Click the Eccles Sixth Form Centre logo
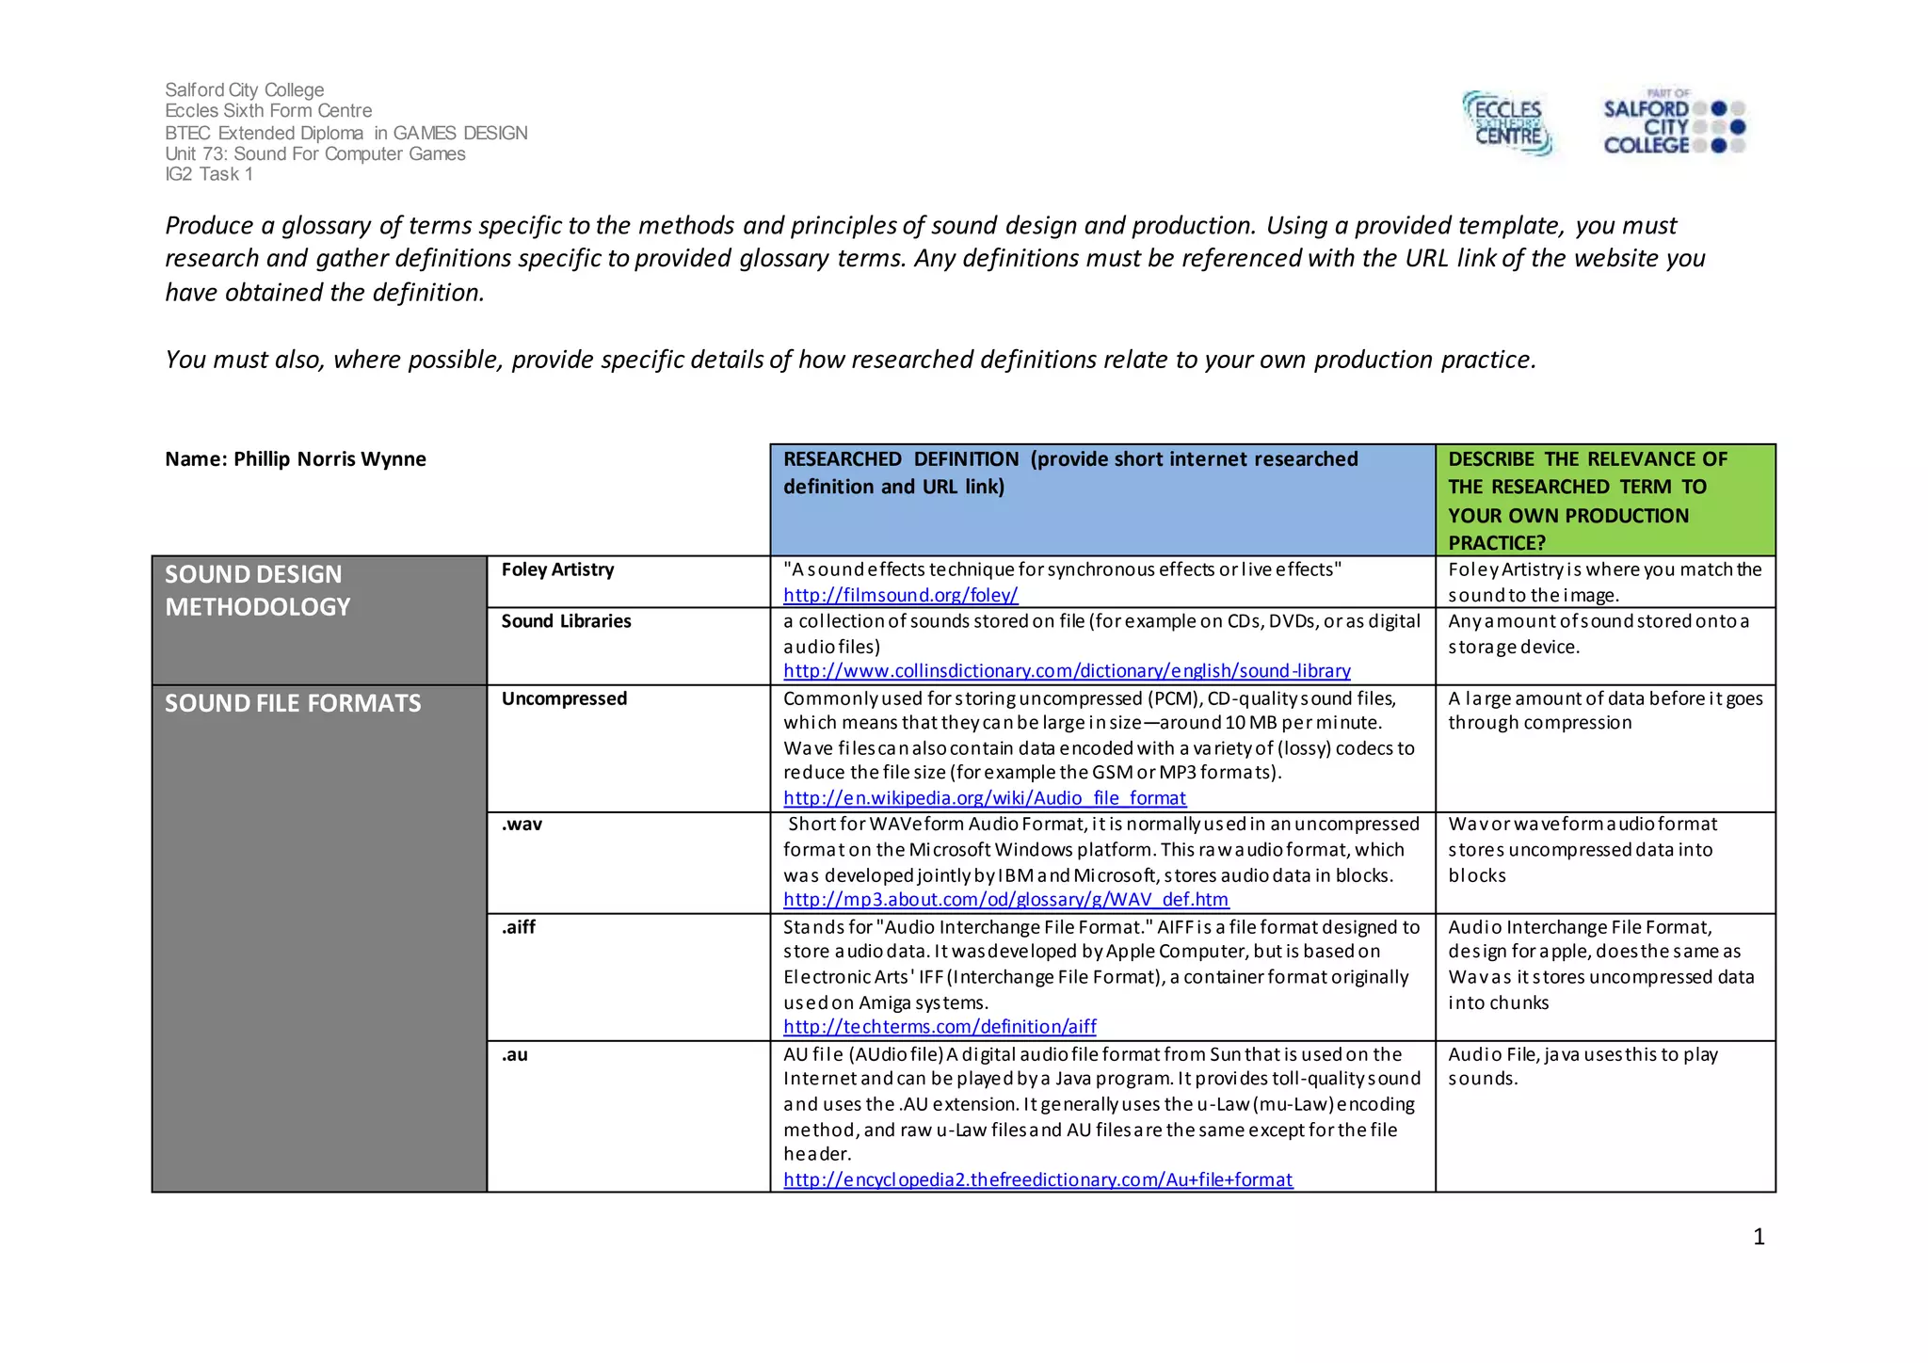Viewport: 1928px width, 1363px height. click(1507, 123)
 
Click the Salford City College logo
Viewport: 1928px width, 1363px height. click(1673, 123)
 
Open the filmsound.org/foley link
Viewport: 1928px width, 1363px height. click(900, 595)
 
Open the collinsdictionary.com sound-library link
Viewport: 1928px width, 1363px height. click(1067, 671)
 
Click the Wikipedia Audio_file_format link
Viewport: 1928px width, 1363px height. click(984, 798)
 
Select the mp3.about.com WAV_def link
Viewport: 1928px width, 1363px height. click(1005, 900)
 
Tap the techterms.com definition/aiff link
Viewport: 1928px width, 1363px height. click(940, 1027)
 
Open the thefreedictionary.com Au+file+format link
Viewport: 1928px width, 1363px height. click(1037, 1180)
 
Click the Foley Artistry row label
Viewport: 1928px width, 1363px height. click(557, 569)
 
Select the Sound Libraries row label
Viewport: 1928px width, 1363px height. click(566, 621)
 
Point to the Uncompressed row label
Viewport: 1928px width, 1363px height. click(564, 698)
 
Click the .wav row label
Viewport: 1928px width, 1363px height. click(522, 825)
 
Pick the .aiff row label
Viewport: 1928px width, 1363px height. click(519, 927)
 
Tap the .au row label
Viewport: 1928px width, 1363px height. click(514, 1055)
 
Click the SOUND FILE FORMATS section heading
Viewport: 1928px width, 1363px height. click(293, 704)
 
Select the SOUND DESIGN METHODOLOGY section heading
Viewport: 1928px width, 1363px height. click(257, 590)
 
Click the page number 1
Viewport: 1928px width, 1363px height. click(1759, 1237)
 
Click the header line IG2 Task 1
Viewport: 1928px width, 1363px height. click(209, 174)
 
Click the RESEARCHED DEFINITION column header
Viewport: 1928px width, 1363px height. click(1070, 473)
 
